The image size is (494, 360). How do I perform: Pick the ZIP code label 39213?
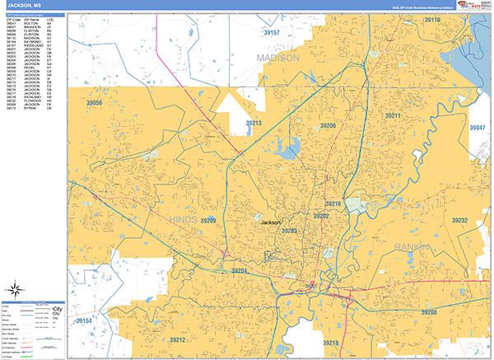(253, 124)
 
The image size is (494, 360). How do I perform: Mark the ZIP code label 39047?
(478, 128)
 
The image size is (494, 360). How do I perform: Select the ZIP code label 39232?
(459, 220)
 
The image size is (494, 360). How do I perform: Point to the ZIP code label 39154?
(84, 320)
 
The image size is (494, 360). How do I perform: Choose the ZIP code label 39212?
(179, 339)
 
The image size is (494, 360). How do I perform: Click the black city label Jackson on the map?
(271, 222)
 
